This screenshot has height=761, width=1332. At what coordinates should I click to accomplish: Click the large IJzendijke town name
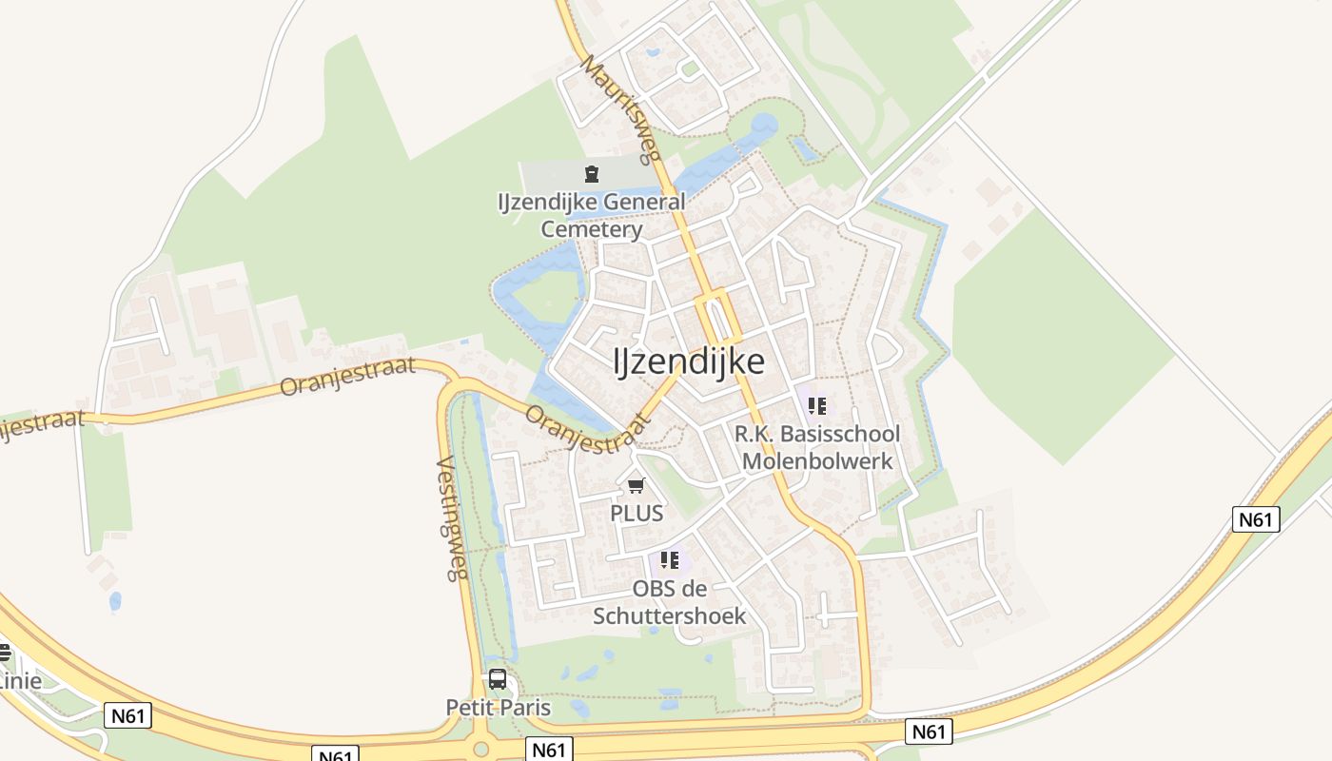click(x=689, y=361)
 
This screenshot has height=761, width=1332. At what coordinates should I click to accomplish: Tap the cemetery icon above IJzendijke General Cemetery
click(x=592, y=174)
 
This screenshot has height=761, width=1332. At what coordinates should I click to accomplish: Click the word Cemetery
click(x=592, y=229)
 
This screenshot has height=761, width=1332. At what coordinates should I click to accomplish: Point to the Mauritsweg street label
click(x=621, y=110)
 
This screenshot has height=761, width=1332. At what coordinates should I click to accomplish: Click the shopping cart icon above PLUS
click(x=637, y=486)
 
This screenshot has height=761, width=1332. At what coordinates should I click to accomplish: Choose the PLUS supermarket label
click(x=637, y=513)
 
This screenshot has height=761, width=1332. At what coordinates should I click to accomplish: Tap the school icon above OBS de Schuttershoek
click(x=670, y=559)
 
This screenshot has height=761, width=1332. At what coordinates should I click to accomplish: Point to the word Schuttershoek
click(x=670, y=615)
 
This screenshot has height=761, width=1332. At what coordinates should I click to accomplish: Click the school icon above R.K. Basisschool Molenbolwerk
click(x=816, y=407)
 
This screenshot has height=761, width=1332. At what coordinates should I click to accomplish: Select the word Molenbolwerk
click(x=817, y=461)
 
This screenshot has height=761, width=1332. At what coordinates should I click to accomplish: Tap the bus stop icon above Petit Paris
click(x=498, y=679)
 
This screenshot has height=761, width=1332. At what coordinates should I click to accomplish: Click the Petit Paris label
click(x=498, y=708)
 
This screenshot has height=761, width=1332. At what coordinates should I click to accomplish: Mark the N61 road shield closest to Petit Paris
click(x=549, y=750)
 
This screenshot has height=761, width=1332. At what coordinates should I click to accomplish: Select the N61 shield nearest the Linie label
click(x=127, y=715)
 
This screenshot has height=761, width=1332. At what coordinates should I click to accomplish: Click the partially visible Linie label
click(x=20, y=681)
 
